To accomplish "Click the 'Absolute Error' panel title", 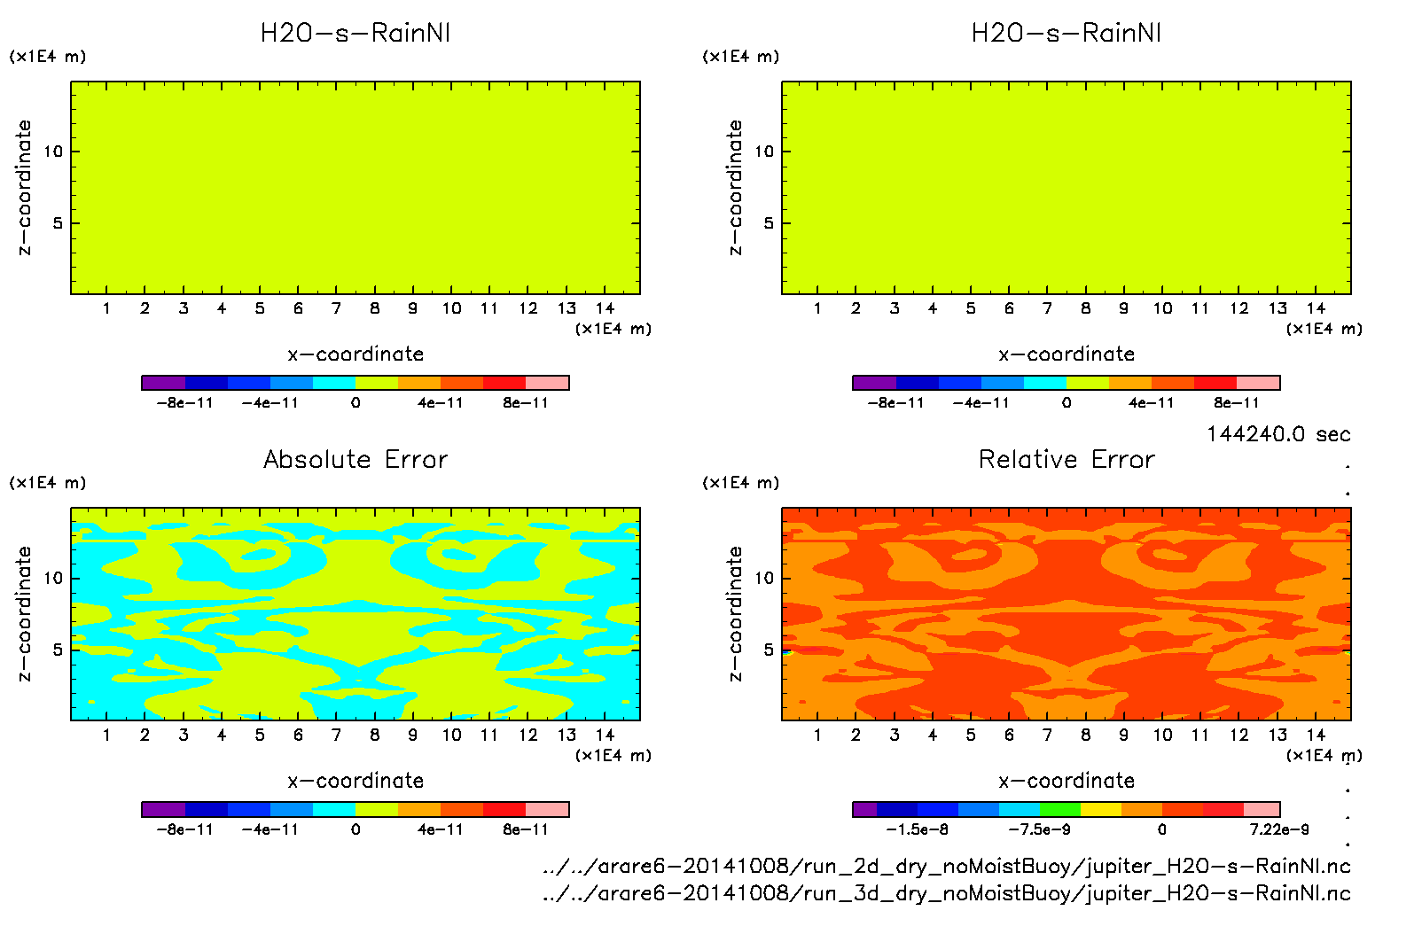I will pos(355,459).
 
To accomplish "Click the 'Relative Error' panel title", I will pos(1066,459).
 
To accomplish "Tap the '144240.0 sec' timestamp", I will pos(1278,434).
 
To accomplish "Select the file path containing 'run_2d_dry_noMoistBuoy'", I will pos(946,866).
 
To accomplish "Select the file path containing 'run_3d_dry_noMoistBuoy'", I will pos(946,892).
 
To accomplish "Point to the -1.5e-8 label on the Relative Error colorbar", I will pos(917,829).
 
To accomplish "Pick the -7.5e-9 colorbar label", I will pos(1039,829).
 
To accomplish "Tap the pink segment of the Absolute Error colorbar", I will pos(547,809).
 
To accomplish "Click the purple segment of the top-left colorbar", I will pos(163,383).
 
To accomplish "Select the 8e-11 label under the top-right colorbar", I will pos(1237,402).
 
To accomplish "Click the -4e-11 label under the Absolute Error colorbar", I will pos(270,829).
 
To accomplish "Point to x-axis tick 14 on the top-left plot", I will pos(605,308).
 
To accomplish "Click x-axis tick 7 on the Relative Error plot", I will pos(1047,735).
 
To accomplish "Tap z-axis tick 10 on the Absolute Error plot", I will pos(54,579).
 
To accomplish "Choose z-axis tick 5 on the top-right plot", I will pos(769,223).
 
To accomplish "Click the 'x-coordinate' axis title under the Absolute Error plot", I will pos(355,781).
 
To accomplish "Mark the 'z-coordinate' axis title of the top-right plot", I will pos(735,187).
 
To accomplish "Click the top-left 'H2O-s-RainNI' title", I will pos(355,33).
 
